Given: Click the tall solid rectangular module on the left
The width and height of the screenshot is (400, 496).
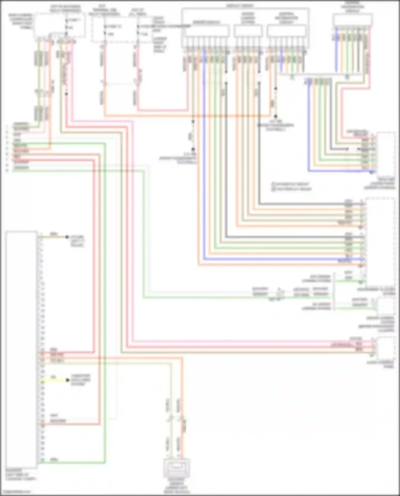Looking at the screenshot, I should coord(21,349).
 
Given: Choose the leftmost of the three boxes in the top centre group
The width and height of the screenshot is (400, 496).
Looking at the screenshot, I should coord(207,31).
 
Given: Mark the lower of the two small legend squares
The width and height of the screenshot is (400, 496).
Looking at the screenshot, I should coord(273,189).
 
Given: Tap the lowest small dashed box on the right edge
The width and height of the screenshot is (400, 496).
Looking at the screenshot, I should coord(386,348).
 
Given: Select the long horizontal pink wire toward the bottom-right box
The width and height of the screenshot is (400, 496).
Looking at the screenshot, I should coord(240,341).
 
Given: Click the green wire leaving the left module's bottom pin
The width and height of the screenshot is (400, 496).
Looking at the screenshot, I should coord(72,463).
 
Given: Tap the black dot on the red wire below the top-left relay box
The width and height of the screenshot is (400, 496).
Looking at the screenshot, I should coord(66,94).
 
